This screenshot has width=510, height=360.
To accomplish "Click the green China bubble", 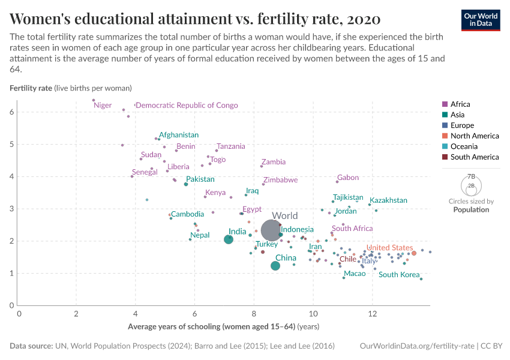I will [275, 266].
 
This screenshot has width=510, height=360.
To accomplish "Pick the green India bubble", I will [228, 239].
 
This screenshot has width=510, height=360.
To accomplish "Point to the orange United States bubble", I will [414, 253].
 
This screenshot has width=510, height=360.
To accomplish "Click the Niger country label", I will [103, 106].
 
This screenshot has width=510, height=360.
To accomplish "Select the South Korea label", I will [399, 275].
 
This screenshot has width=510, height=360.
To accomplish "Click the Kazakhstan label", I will [388, 200].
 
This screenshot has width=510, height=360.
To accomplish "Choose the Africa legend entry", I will [460, 104].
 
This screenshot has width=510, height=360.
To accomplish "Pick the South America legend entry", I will [474, 157].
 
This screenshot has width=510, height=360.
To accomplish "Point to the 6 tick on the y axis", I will [12, 112].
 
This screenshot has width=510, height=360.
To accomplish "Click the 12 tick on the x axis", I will [373, 314].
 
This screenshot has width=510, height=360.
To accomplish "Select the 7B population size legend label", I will [471, 177].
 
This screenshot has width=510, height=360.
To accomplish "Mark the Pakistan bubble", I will [186, 184].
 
